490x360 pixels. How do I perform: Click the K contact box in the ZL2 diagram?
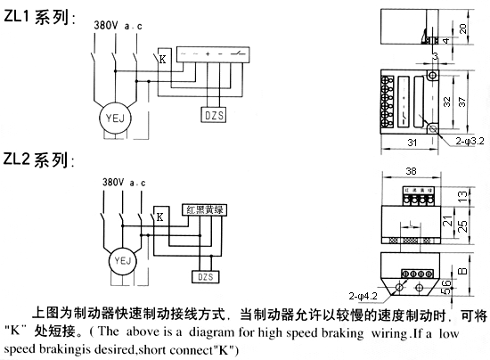(x=159, y=217)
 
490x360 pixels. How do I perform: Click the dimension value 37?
(x=474, y=101)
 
